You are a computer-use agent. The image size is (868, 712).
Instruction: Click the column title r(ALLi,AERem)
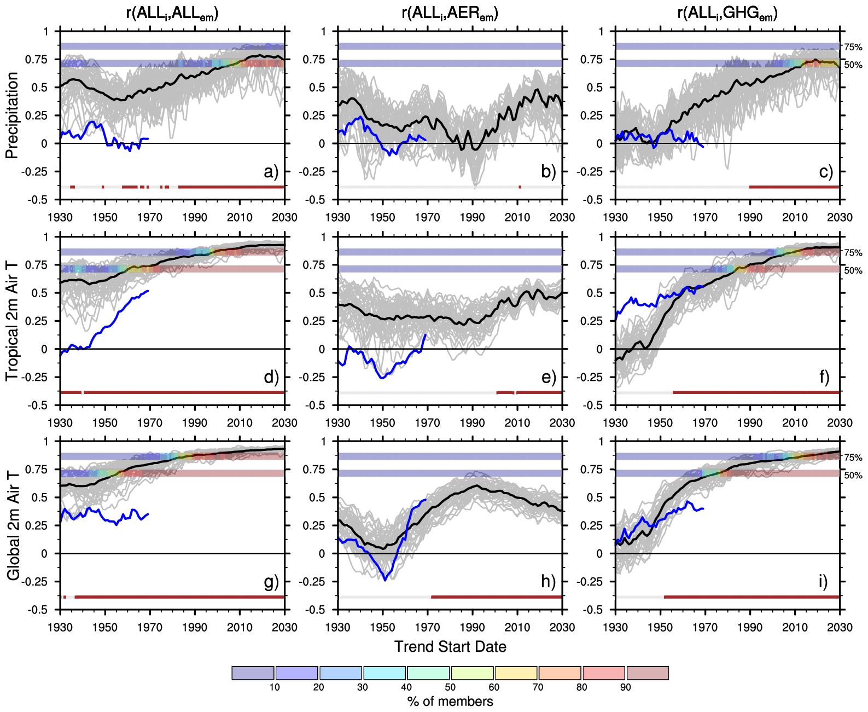coord(450,13)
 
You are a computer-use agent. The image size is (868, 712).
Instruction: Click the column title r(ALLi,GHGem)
coord(727,13)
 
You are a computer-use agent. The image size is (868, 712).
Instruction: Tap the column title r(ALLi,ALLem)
coord(172,13)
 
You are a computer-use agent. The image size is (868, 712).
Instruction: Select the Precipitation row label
coord(12,115)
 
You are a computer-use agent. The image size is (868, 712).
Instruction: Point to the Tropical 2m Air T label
coord(12,321)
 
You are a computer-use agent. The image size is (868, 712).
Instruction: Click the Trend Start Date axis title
coord(450,647)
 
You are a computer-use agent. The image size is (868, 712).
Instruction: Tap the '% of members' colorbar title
coord(450,702)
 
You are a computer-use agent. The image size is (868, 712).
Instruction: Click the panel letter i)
coord(823,581)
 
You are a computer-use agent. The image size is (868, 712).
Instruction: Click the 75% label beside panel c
coord(853,47)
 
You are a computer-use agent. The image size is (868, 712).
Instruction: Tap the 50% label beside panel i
coord(853,475)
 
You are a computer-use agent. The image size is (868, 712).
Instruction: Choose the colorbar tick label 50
coord(450,687)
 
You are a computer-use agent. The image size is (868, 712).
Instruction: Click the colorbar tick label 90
coord(626,687)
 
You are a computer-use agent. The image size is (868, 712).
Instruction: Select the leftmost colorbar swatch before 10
coord(253,673)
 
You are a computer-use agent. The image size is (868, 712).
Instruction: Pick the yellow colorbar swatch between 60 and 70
coord(516,673)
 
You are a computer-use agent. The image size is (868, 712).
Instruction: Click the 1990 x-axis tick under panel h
coord(472,627)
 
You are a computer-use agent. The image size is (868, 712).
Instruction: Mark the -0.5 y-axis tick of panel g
coord(38,610)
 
